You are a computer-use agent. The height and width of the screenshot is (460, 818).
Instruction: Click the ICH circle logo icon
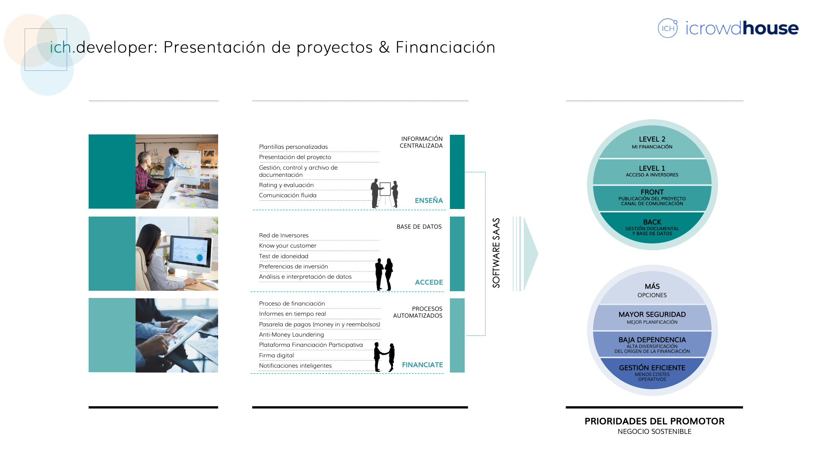668,28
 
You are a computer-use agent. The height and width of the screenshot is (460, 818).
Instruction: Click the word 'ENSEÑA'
429,200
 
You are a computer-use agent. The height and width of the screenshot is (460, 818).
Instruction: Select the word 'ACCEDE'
429,282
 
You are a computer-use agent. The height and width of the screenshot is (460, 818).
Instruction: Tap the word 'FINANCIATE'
422,365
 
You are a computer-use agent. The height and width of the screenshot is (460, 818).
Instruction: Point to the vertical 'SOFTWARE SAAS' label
496,253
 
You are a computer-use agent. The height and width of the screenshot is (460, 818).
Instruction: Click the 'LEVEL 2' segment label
652,139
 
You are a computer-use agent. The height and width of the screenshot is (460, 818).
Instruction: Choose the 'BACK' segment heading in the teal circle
652,222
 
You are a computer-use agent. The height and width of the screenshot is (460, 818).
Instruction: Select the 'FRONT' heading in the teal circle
652,192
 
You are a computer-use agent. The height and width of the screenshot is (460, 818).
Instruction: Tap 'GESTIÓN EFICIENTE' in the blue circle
652,368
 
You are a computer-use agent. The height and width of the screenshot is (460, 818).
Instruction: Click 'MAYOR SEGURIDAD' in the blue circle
652,314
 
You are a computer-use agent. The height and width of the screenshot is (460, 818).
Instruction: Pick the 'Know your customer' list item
288,246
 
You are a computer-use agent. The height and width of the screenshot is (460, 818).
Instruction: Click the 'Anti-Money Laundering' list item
292,335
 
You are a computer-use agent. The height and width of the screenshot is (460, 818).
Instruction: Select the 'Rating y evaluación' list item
286,185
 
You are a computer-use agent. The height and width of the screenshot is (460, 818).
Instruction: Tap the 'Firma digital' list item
276,356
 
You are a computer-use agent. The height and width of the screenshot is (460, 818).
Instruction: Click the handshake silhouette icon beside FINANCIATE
384,357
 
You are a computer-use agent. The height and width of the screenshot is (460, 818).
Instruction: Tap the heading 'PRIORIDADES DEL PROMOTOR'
654,421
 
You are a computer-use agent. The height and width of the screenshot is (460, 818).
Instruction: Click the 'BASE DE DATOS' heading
419,226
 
